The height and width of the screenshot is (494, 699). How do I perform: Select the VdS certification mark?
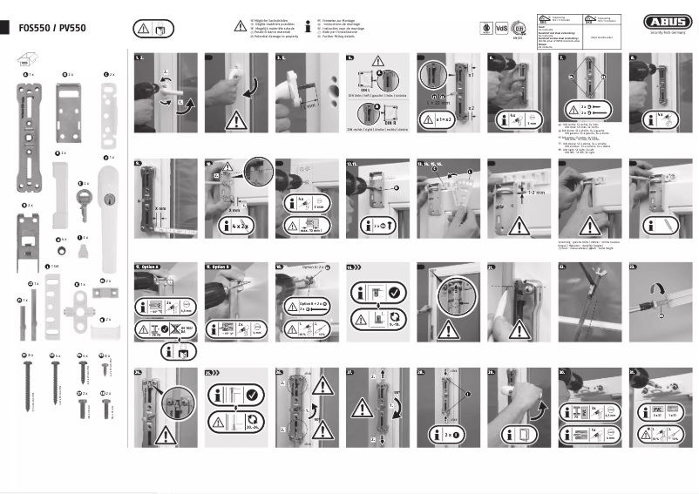tap(501, 27)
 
